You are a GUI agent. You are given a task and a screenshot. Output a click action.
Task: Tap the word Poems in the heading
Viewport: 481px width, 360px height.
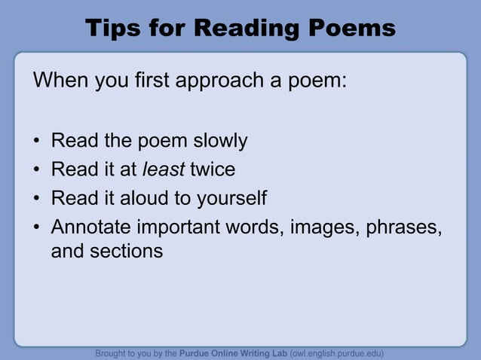pyautogui.click(x=352, y=29)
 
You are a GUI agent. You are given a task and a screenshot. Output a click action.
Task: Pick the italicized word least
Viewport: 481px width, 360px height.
pyautogui.click(x=163, y=169)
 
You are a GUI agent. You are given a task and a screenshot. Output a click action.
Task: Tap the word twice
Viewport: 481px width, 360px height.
pyautogui.click(x=213, y=169)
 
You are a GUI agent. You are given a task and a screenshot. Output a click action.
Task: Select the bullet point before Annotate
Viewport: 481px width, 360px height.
pyautogui.click(x=36, y=227)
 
